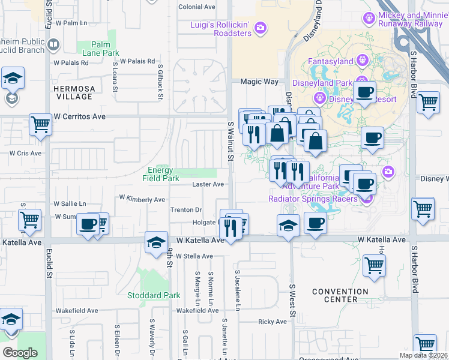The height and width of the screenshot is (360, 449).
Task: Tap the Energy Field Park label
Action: pyautogui.click(x=160, y=174)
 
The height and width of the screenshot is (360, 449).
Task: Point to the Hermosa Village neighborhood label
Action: pyautogui.click(x=74, y=92)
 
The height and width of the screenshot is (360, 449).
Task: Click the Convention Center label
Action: pyautogui.click(x=340, y=296)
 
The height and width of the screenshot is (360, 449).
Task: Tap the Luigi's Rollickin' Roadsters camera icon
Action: pyautogui.click(x=260, y=27)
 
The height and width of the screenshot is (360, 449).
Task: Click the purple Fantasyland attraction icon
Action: pyautogui.click(x=361, y=60)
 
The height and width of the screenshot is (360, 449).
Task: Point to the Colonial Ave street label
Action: pyautogui.click(x=197, y=7)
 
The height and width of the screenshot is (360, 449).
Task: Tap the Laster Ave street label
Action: pyautogui.click(x=208, y=184)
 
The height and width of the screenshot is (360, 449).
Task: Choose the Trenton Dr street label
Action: pyautogui.click(x=185, y=210)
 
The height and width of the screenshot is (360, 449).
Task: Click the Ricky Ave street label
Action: pyautogui.click(x=273, y=322)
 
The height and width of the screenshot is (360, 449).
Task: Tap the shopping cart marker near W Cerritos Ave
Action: pyautogui.click(x=41, y=125)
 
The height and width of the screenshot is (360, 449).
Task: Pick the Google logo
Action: pyautogui.click(x=20, y=352)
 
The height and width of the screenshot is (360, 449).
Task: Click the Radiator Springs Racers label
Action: pyautogui.click(x=313, y=199)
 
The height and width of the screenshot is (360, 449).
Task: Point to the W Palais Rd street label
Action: pyautogui.click(x=137, y=61)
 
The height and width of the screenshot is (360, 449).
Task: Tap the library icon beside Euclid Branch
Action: pyautogui.click(x=53, y=45)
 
